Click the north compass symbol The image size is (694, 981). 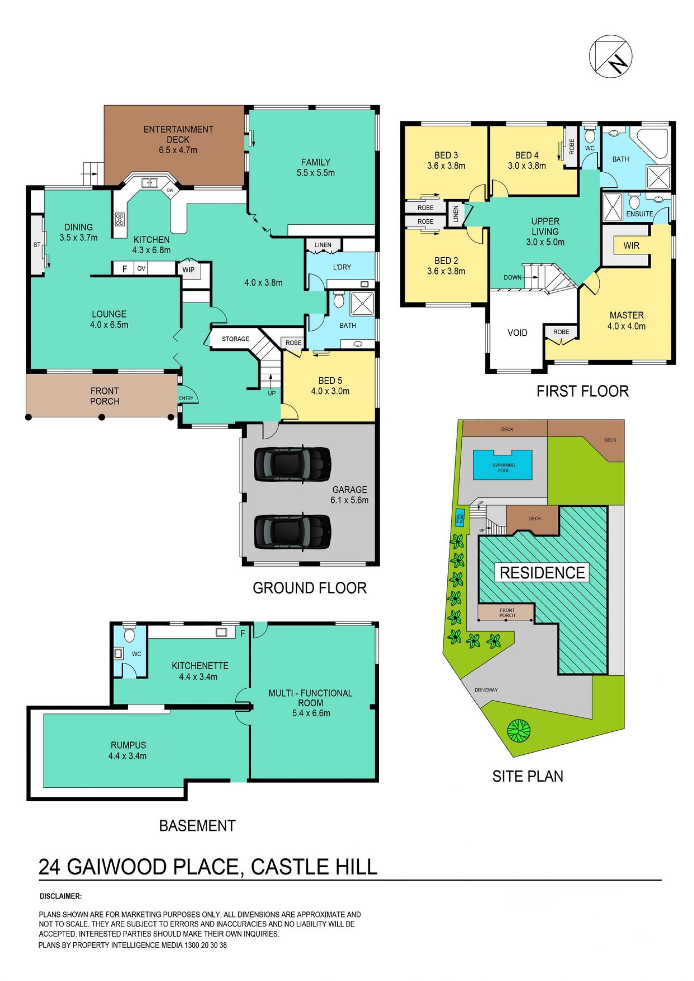click(610, 56)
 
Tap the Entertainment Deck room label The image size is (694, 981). click(178, 139)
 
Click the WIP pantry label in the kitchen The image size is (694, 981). click(188, 270)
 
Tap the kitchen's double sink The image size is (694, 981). click(150, 182)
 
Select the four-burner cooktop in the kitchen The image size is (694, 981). click(120, 219)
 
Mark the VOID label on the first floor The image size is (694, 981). click(517, 332)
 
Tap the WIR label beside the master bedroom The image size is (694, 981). click(631, 246)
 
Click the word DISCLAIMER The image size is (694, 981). click(60, 896)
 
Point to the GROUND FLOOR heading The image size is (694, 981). click(309, 588)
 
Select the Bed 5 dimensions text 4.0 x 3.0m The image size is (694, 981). click(330, 391)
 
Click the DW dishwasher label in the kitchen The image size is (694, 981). click(170, 190)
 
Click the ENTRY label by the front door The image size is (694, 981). click(186, 398)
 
